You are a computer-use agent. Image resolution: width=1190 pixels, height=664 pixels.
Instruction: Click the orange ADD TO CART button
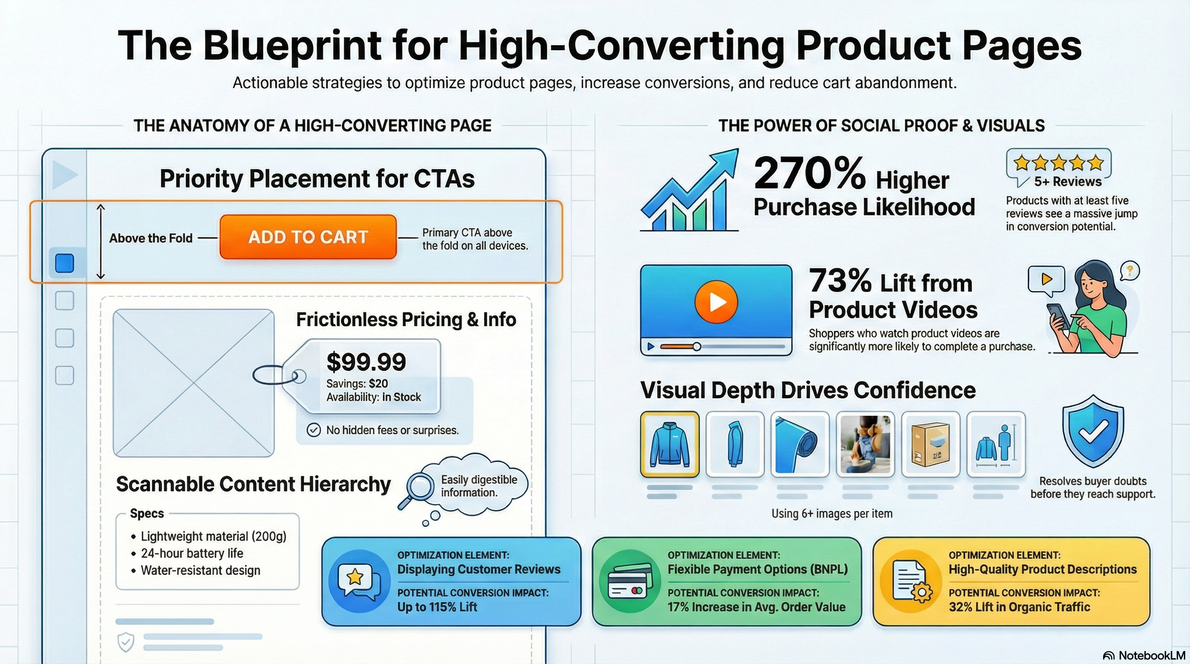tap(308, 237)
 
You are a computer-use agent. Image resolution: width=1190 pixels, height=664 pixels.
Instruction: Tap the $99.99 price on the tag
tap(366, 361)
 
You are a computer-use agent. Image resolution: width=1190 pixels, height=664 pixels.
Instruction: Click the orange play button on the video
tap(716, 302)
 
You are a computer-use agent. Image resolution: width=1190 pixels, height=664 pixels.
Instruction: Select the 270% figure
tap(809, 173)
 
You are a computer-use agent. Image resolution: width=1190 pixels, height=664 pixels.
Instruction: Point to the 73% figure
tap(840, 280)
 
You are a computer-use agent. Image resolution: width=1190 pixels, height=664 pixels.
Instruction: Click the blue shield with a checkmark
tap(1093, 431)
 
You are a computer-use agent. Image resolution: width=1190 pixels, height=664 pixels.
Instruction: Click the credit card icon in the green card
tap(628, 581)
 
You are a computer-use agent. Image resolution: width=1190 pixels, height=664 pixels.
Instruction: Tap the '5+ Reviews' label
tap(1068, 182)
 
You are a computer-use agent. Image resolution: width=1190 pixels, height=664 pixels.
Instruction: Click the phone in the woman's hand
tap(1058, 316)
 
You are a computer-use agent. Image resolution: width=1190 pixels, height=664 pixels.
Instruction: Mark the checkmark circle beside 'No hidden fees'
tap(313, 430)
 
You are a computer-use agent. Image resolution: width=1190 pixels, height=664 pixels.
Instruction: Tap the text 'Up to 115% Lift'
tap(437, 607)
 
